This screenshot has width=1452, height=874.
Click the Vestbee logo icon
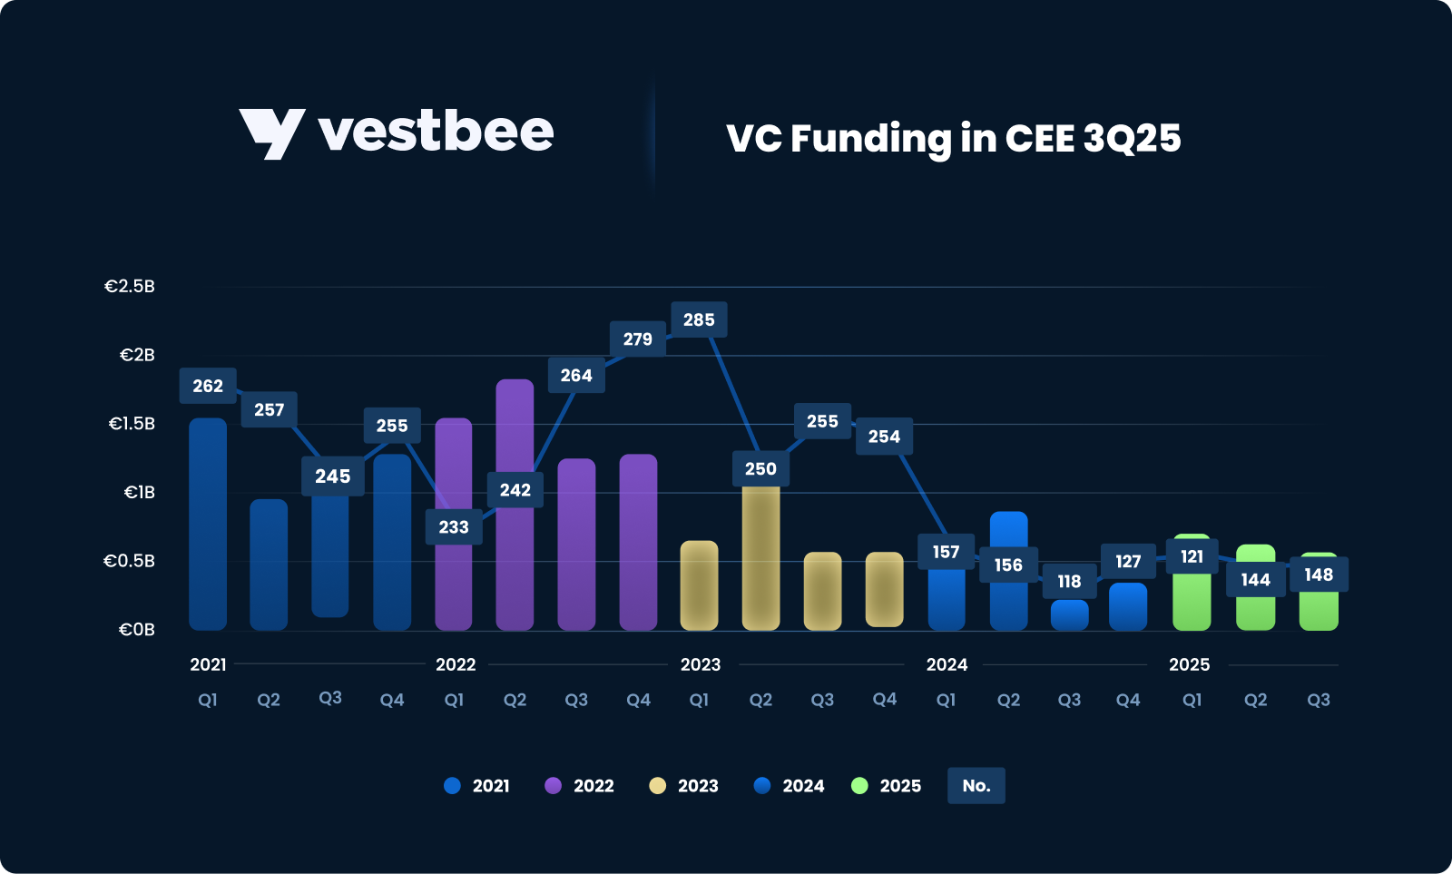click(x=271, y=133)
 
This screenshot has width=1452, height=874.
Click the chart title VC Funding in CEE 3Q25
click(x=953, y=138)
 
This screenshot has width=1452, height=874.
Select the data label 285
click(x=699, y=319)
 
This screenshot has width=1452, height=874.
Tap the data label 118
click(x=1069, y=582)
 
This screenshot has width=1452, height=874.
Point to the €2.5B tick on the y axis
click(x=130, y=287)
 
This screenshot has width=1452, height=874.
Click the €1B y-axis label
click(x=140, y=493)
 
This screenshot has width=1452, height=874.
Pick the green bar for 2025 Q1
click(x=1192, y=599)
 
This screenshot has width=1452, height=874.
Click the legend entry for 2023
click(x=684, y=786)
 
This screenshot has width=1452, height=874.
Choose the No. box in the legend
click(x=976, y=786)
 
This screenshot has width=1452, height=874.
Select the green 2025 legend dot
click(x=859, y=786)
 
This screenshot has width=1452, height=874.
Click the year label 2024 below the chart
click(x=947, y=664)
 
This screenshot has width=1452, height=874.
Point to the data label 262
click(x=208, y=386)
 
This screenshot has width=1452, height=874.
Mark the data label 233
click(x=454, y=527)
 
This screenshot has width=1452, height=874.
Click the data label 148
click(x=1319, y=574)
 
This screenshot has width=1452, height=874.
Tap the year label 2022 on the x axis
click(x=456, y=664)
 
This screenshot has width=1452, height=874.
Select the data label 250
click(x=760, y=468)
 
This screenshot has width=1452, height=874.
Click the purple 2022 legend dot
click(x=553, y=786)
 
